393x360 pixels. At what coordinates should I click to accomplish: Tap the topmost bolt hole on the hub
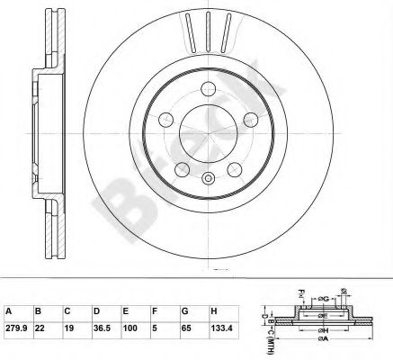point(210,88)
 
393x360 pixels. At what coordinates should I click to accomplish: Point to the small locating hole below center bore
point(210,178)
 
